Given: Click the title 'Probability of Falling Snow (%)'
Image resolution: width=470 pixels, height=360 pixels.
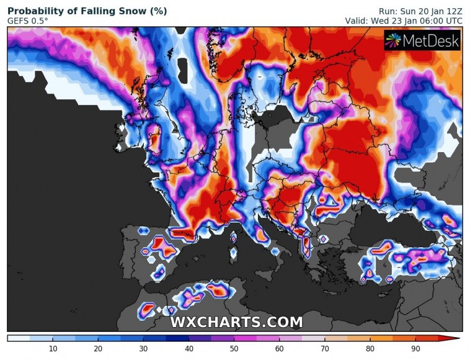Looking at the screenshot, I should coord(87,11).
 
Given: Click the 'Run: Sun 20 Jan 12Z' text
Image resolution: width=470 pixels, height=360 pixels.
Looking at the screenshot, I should coord(421,11).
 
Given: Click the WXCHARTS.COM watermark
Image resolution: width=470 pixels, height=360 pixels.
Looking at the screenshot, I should coord(236,322).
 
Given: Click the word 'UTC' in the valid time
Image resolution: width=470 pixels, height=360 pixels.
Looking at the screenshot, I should coord(453,21).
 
